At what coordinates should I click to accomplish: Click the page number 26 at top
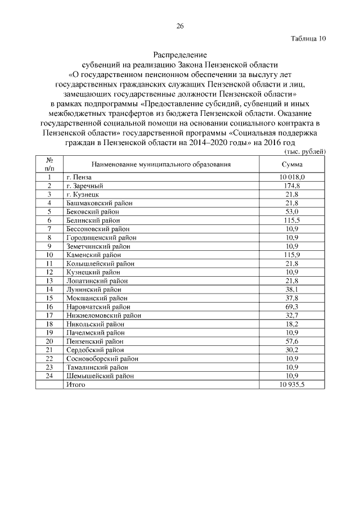(180, 26)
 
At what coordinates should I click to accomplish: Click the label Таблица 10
(308, 39)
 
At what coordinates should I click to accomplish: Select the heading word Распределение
(180, 55)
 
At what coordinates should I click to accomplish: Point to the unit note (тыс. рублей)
(303, 152)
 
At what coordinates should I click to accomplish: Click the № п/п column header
(49, 164)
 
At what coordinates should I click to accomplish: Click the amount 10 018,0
(292, 177)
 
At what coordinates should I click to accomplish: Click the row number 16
(49, 307)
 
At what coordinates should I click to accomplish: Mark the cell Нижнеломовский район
(103, 316)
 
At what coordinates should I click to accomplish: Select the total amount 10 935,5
(292, 385)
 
